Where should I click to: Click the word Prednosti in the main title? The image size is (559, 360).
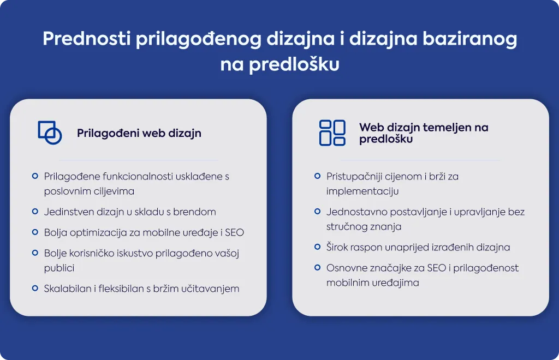(x=87, y=38)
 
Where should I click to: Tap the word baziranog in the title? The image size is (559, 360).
(x=470, y=39)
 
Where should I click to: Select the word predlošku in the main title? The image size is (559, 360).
(x=294, y=65)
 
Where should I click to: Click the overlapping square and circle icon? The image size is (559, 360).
(x=50, y=133)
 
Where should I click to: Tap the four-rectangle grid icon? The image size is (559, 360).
(x=332, y=133)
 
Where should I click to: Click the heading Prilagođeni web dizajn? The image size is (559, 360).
(x=139, y=133)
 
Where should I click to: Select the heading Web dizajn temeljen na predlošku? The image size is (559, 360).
(x=424, y=133)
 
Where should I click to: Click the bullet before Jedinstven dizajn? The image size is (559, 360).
(x=35, y=212)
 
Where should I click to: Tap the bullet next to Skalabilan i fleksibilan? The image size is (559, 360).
(x=35, y=288)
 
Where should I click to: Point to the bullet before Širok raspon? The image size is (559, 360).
(x=317, y=247)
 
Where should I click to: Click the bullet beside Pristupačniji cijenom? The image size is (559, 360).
(x=317, y=176)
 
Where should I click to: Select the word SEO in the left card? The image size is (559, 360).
(x=234, y=232)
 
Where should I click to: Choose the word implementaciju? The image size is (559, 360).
(x=362, y=191)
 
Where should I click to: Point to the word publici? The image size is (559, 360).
(x=59, y=268)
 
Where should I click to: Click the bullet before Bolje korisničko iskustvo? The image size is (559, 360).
(x=35, y=253)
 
